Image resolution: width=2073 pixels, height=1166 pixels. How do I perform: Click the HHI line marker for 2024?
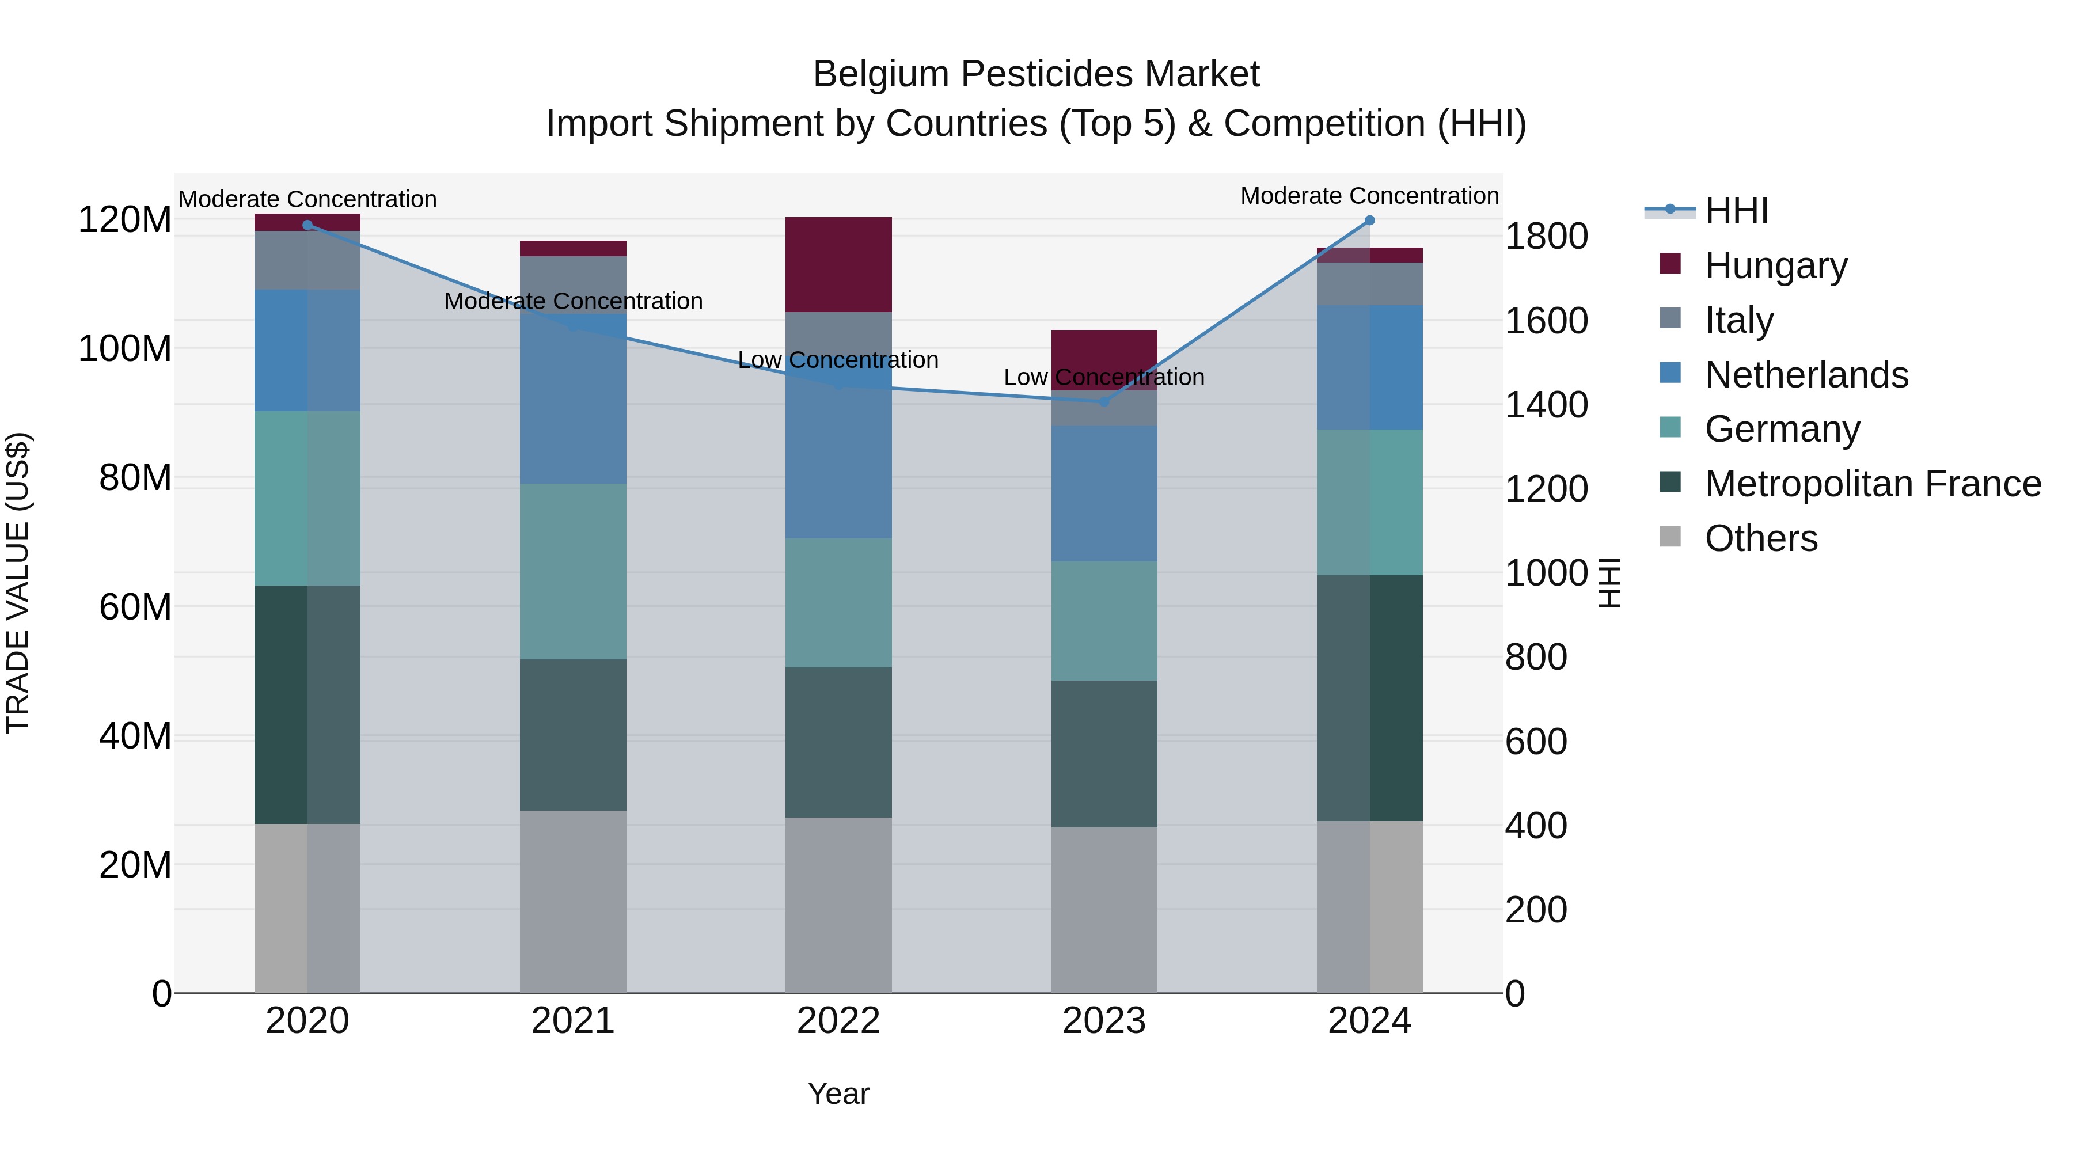click(x=1370, y=221)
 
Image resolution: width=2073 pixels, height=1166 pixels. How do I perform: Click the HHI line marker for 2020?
click(x=307, y=225)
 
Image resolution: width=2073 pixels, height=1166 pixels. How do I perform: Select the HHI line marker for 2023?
click(x=1104, y=401)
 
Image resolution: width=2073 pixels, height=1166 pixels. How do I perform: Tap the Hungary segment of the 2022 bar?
click(x=838, y=265)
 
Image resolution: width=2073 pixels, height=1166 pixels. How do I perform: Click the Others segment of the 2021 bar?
click(x=573, y=901)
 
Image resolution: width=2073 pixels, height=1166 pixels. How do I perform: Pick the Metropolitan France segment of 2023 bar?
click(x=1104, y=754)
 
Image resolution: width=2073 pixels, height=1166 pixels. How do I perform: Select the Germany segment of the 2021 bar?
click(x=573, y=571)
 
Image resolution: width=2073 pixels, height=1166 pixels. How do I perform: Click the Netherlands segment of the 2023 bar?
click(x=1104, y=493)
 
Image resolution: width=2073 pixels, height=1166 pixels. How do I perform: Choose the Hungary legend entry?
click(x=1775, y=265)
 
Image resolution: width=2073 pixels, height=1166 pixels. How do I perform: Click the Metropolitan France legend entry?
click(x=1872, y=484)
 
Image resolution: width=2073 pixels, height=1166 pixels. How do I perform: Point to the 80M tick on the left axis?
click(x=134, y=478)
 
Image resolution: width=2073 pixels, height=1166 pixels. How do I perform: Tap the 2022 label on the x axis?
click(x=838, y=1021)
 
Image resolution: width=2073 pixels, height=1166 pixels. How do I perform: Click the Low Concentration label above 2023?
click(x=1104, y=377)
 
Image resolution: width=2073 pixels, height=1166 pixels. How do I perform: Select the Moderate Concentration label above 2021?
click(x=573, y=302)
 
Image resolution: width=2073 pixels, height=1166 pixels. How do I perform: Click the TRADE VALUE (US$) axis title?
click(x=18, y=583)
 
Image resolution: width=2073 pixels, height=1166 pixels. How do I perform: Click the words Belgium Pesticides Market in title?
click(x=1036, y=74)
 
